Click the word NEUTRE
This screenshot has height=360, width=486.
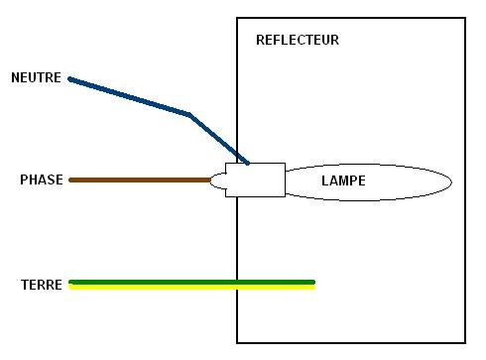[x=36, y=77]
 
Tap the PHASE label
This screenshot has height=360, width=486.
[x=42, y=180]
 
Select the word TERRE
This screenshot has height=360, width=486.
[x=42, y=285]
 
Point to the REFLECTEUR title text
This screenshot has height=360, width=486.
[x=297, y=41]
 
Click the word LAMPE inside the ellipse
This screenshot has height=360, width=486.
[x=343, y=181]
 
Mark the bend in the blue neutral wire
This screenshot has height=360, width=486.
[x=189, y=115]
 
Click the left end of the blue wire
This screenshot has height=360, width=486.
[x=70, y=78]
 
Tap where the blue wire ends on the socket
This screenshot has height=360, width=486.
[x=247, y=163]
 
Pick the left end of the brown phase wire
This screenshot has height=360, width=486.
[x=71, y=180]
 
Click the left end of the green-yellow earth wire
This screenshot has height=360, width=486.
[x=71, y=285]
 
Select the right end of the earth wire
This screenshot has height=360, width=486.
[x=313, y=285]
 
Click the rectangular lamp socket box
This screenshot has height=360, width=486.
[x=255, y=180]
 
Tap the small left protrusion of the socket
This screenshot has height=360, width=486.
[x=218, y=180]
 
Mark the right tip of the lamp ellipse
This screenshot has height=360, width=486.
[x=451, y=181]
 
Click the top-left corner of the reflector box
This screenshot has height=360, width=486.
[x=237, y=18]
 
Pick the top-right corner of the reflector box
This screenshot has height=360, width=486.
[x=465, y=18]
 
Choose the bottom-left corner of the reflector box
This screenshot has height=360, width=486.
[x=237, y=342]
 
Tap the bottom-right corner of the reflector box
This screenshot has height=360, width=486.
[x=465, y=342]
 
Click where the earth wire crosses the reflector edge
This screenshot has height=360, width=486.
[x=237, y=285]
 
